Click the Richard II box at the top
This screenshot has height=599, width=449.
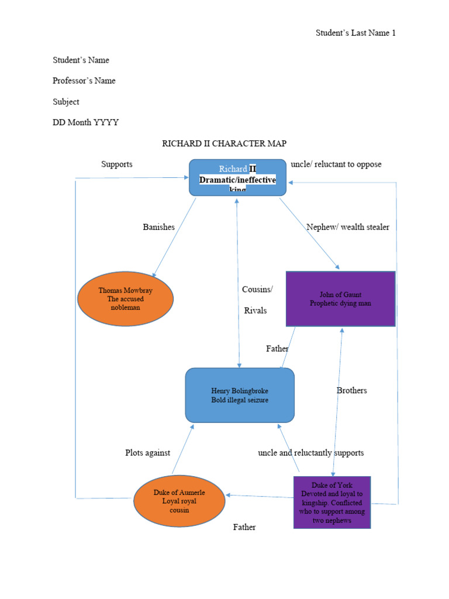pyautogui.click(x=237, y=177)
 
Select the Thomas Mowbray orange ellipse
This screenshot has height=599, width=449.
pyautogui.click(x=126, y=298)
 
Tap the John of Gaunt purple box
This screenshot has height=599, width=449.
pyautogui.click(x=340, y=298)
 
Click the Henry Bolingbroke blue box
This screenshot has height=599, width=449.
pyautogui.click(x=240, y=395)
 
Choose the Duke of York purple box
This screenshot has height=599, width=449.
pyautogui.click(x=331, y=502)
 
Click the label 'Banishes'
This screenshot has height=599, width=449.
pyautogui.click(x=158, y=227)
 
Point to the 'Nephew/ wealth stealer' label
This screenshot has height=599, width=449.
pyautogui.click(x=347, y=227)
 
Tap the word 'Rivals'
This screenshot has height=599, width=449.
pyautogui.click(x=255, y=311)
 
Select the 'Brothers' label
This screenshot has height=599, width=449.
pyautogui.click(x=351, y=390)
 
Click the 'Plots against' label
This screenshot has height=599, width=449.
pyautogui.click(x=147, y=452)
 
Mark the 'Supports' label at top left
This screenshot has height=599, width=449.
pyautogui.click(x=117, y=164)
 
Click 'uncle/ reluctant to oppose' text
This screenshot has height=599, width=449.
pyautogui.click(x=336, y=164)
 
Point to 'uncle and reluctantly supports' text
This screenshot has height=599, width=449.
pyautogui.click(x=310, y=452)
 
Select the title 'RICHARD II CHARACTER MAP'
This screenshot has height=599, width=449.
pyautogui.click(x=224, y=143)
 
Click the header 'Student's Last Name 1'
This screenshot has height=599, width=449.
pyautogui.click(x=355, y=33)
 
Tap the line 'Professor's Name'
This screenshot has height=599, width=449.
pyautogui.click(x=84, y=81)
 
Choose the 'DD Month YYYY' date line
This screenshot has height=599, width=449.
pyautogui.click(x=85, y=122)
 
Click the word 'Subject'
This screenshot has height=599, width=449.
pyautogui.click(x=66, y=102)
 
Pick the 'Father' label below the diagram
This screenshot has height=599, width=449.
pyautogui.click(x=244, y=527)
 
